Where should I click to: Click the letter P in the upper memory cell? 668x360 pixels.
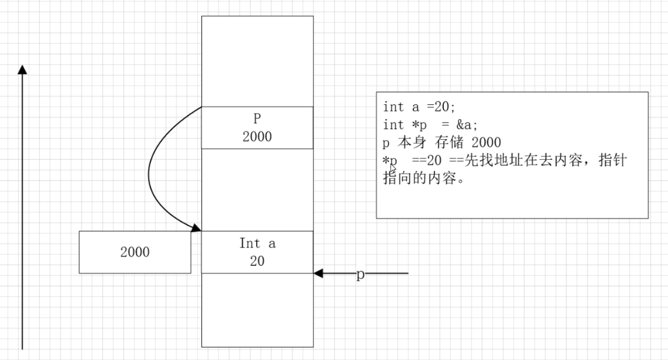point(257,119)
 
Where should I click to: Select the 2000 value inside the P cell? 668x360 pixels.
point(257,137)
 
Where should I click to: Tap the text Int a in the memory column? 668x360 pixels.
point(257,244)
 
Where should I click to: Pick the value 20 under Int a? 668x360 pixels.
point(257,261)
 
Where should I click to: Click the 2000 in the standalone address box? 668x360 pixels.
point(135,252)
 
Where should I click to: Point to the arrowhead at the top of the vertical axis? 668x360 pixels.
point(22,69)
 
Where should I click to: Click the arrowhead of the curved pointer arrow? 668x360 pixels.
point(196,227)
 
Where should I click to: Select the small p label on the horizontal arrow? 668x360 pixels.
point(360,275)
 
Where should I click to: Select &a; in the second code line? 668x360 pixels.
point(468,125)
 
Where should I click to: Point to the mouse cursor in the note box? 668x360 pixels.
point(393,169)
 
